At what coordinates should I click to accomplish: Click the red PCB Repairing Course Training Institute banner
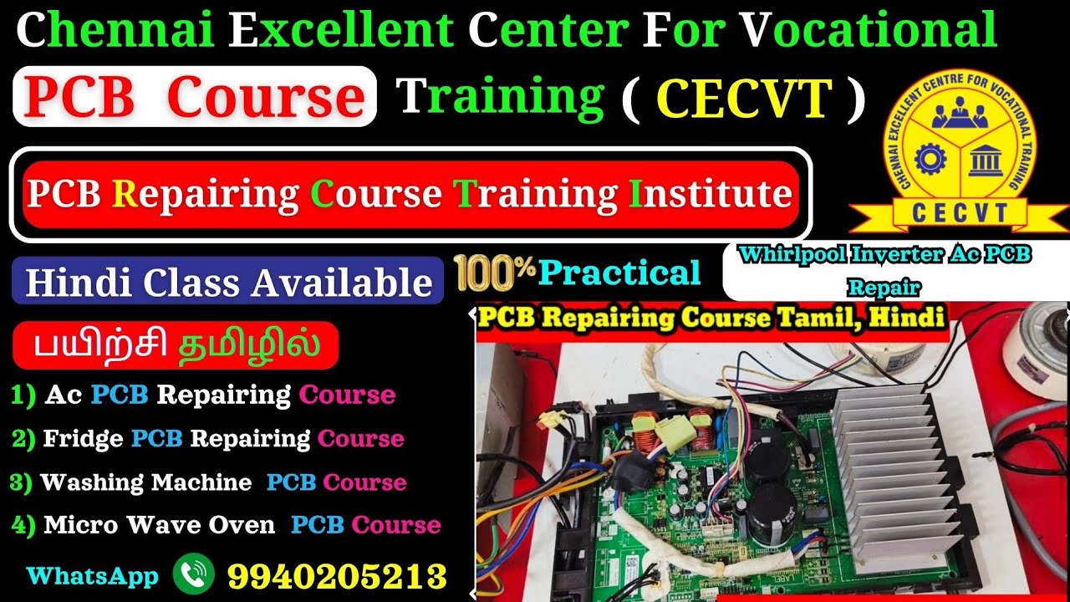(410, 194)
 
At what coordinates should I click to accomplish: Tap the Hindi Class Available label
(228, 282)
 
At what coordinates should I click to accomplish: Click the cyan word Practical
(619, 273)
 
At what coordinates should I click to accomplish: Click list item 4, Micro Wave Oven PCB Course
(226, 525)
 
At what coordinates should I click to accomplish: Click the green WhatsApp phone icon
(193, 575)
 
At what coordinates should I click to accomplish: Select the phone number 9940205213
(337, 576)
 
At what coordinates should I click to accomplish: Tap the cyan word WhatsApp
(92, 576)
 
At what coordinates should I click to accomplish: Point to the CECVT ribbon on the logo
(960, 212)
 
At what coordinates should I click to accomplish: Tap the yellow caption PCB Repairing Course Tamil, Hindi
(711, 319)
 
